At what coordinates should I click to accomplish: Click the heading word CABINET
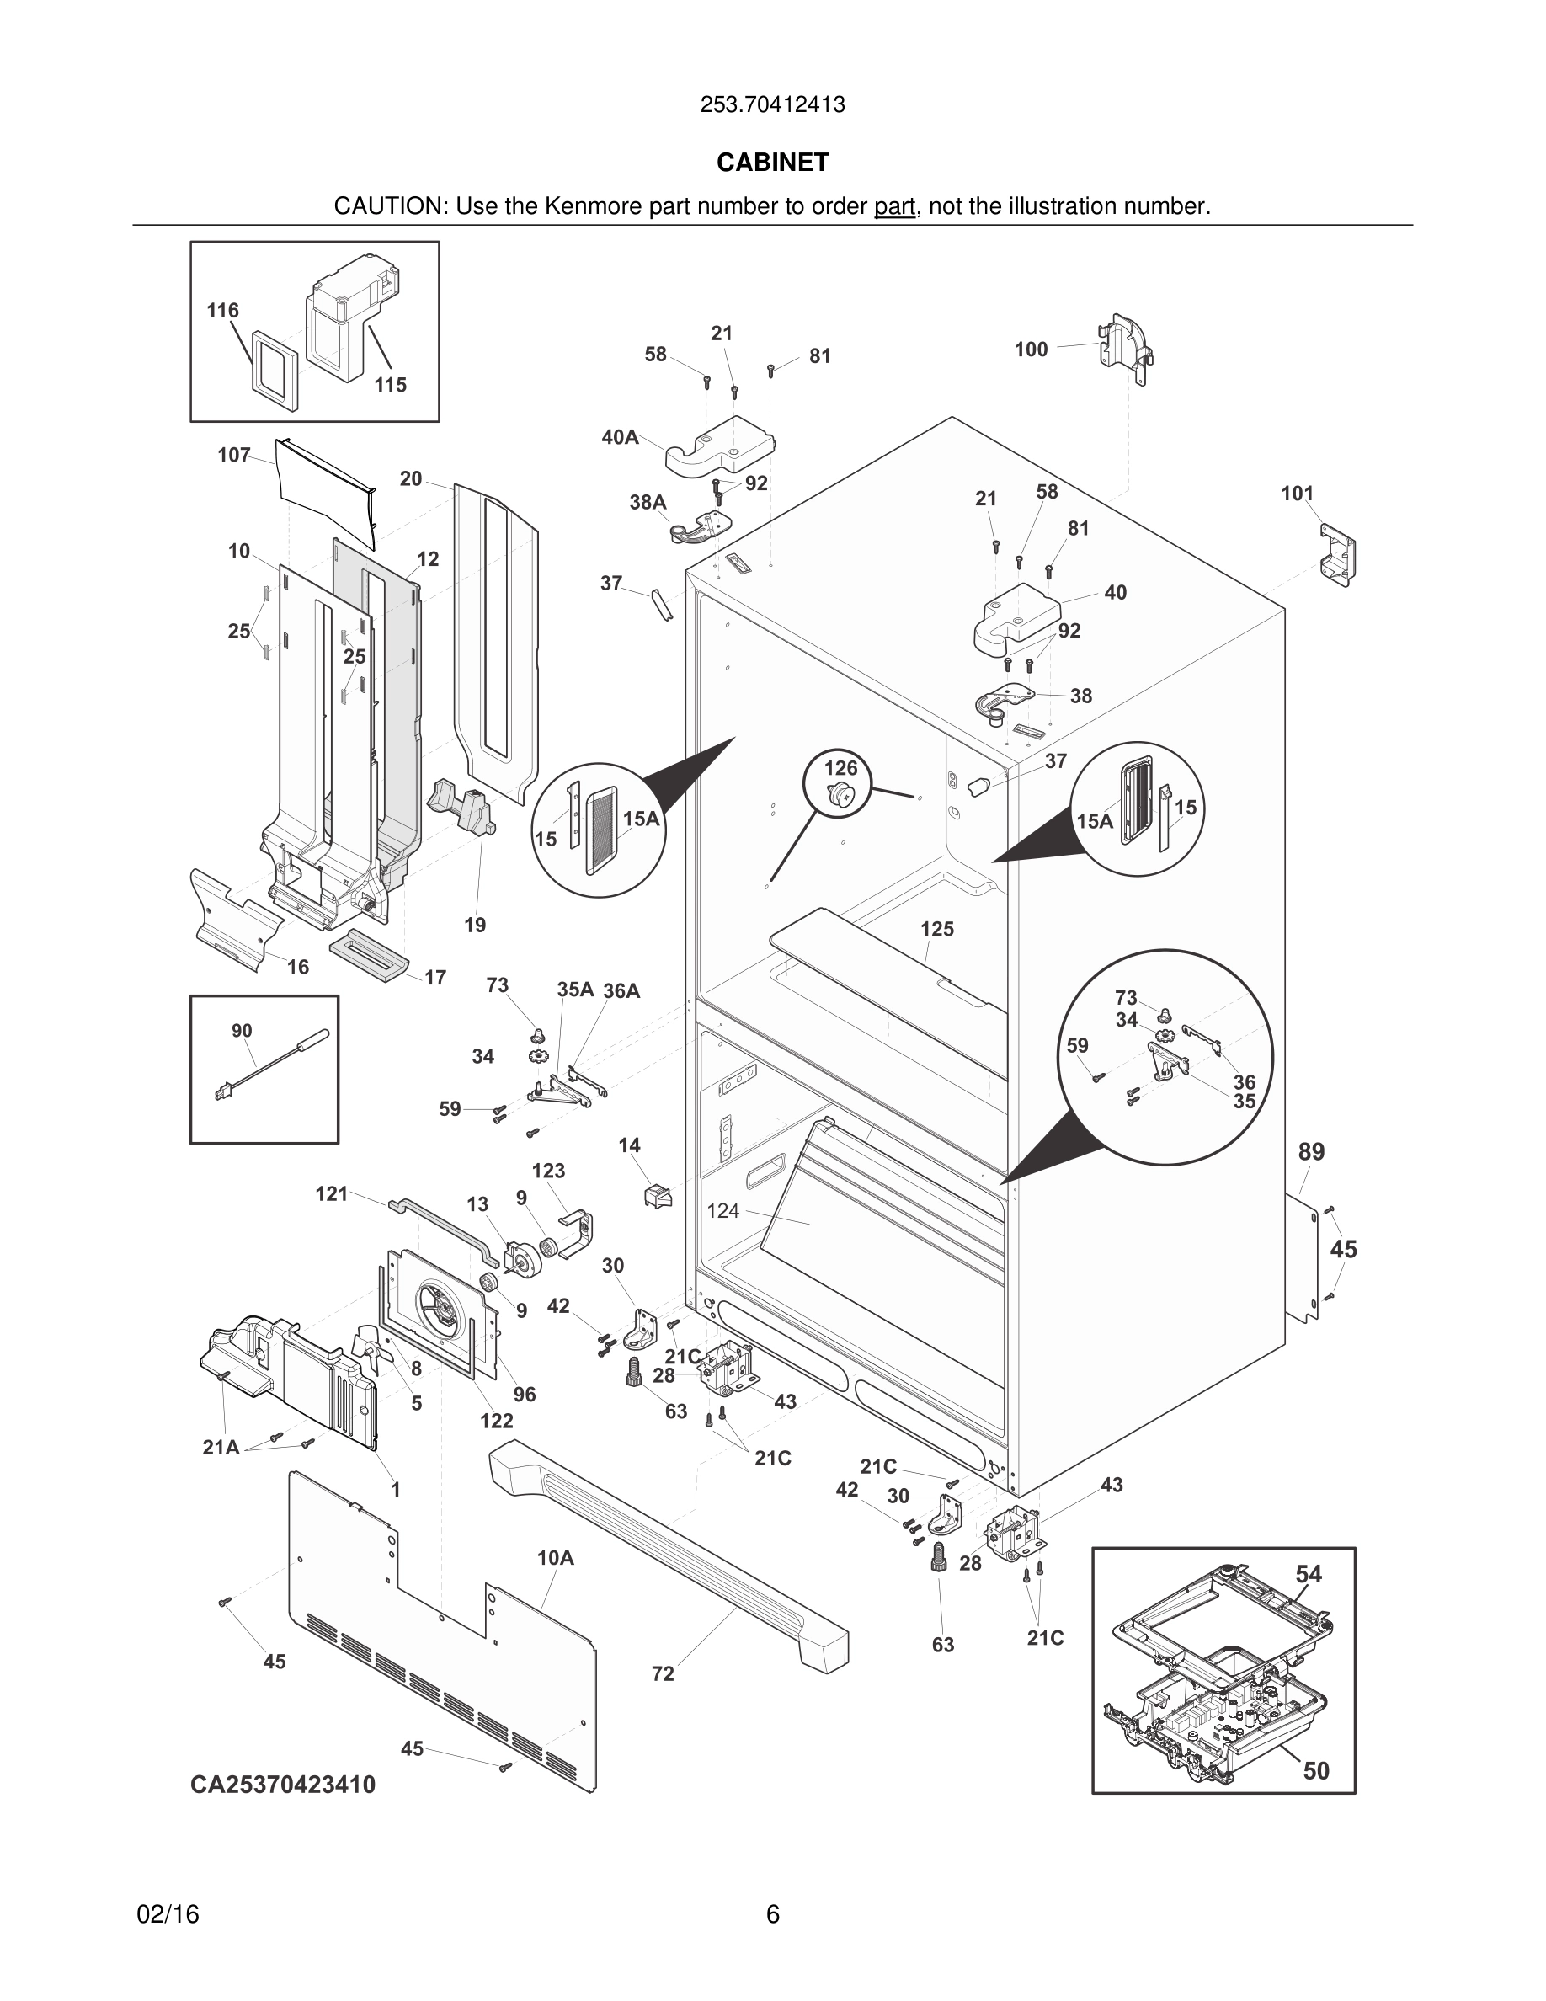(x=772, y=163)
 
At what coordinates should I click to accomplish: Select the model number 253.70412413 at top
(x=772, y=104)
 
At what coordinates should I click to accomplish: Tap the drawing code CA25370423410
(x=282, y=1784)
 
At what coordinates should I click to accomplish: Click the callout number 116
(x=222, y=311)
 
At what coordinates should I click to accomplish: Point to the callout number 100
(x=1031, y=349)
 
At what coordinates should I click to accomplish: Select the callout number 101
(x=1297, y=494)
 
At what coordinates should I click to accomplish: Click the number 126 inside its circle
(x=840, y=768)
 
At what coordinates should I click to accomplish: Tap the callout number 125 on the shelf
(x=937, y=929)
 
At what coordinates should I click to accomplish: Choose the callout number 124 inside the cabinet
(x=722, y=1210)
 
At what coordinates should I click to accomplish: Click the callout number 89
(x=1310, y=1152)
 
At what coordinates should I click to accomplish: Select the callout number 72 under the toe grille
(x=662, y=1674)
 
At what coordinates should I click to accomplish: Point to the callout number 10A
(x=555, y=1557)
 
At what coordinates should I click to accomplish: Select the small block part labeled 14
(x=657, y=1196)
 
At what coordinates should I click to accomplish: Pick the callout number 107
(x=233, y=455)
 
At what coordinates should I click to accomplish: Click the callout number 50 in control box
(x=1315, y=1771)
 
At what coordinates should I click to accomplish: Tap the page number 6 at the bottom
(x=772, y=1914)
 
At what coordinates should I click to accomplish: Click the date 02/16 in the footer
(x=168, y=1914)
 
